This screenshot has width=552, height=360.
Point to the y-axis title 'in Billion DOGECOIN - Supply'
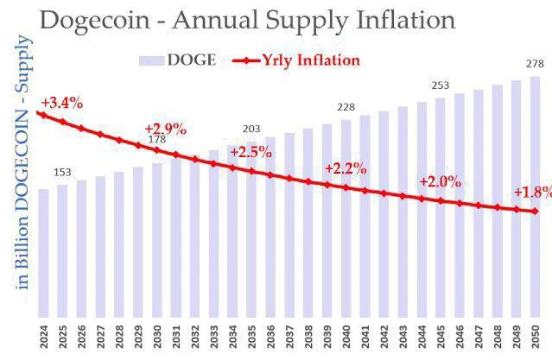pyautogui.click(x=24, y=164)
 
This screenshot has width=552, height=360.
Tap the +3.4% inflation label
pyautogui.click(x=63, y=103)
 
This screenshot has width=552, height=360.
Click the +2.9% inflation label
pyautogui.click(x=165, y=129)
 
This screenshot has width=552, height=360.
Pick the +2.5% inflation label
pyautogui.click(x=251, y=151)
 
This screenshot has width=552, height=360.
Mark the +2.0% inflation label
pyautogui.click(x=440, y=182)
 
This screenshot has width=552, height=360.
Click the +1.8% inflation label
pyautogui.click(x=532, y=192)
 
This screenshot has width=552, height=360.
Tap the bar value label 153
pyautogui.click(x=62, y=172)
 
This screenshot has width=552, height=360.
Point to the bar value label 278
pyautogui.click(x=535, y=64)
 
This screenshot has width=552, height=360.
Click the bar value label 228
pyautogui.click(x=346, y=107)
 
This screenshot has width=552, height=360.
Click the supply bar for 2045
pyautogui.click(x=441, y=207)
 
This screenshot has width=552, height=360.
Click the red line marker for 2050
pyautogui.click(x=535, y=211)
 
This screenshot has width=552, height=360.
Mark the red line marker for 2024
pyautogui.click(x=44, y=114)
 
